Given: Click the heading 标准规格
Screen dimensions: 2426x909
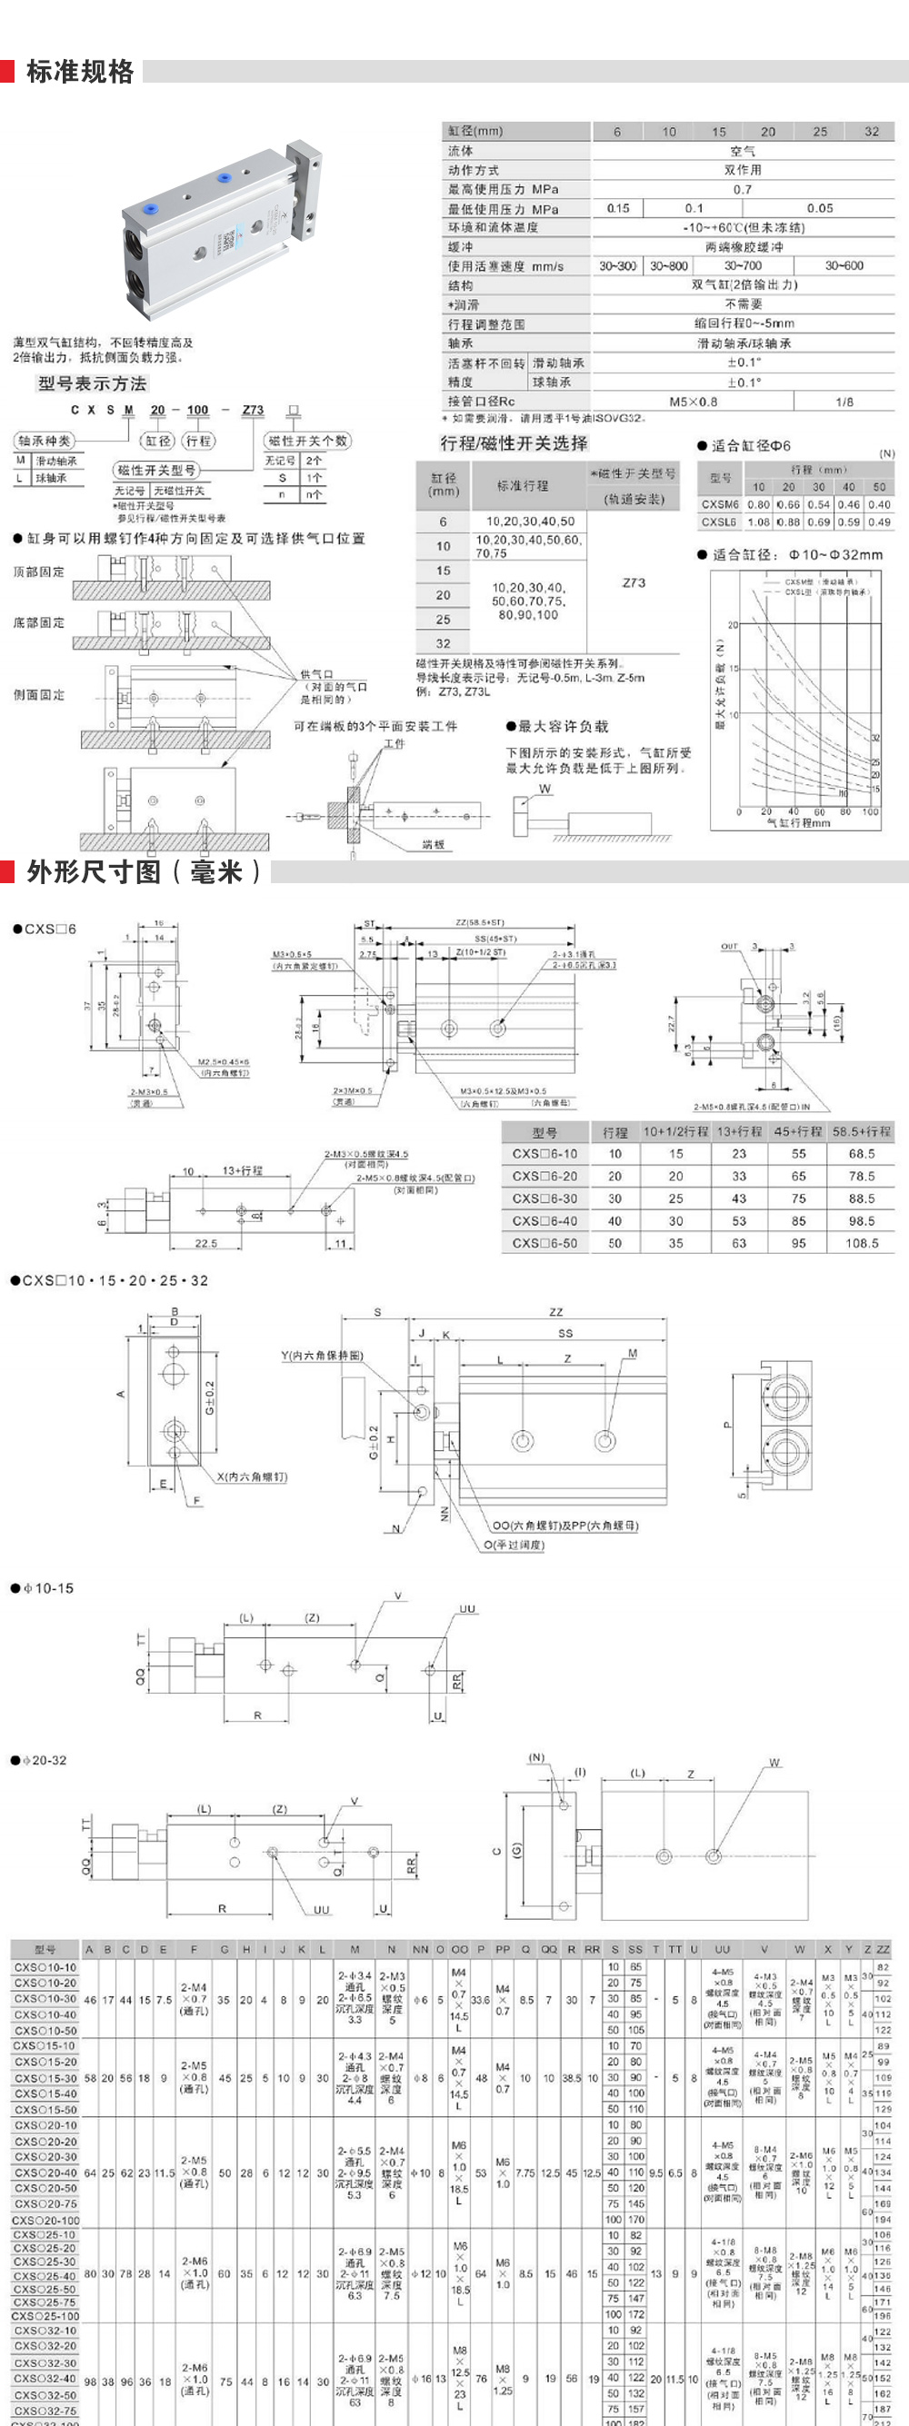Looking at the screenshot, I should pos(80,72).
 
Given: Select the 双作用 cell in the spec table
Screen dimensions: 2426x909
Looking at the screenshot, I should pos(743,170).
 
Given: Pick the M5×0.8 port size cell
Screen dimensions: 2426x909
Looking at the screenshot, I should pos(693,402).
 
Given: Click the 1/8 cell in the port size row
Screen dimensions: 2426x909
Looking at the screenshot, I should pos(844,402).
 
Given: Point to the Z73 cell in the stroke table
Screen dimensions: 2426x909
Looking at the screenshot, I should pos(634,583).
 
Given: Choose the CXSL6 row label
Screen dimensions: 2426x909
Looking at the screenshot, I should pos(719,521).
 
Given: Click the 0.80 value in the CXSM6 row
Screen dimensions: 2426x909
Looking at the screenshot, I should pos(758,505).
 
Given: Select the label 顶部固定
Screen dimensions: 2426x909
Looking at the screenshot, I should pos(40,572).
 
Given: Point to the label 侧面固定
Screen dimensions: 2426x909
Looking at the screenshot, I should pos(40,695).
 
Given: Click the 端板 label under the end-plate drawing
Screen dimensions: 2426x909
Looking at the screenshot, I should pos(433,844).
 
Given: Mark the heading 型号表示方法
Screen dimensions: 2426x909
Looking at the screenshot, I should pos(93,383).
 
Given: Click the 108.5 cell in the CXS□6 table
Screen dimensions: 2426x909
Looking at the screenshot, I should pos(862,1243).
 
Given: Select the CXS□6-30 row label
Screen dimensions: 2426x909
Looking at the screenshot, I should pos(544,1198).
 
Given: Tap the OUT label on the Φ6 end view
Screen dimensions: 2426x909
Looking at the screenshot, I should pos(729,947).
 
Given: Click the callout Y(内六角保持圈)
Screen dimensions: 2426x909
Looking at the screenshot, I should pos(321,1356).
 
